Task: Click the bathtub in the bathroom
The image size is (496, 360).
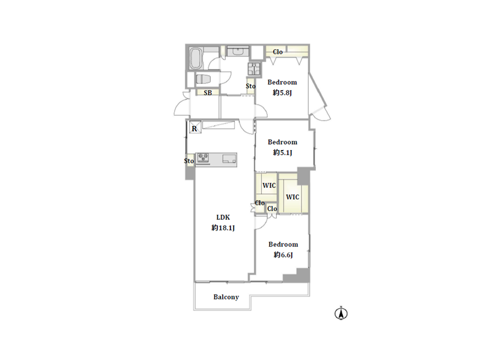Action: tap(196, 58)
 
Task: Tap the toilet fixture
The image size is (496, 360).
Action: tap(203, 79)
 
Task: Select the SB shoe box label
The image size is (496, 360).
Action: tap(208, 93)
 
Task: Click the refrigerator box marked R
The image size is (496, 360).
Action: tap(195, 127)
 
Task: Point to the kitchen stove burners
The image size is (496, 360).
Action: tap(203, 158)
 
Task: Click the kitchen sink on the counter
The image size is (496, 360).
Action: tap(229, 158)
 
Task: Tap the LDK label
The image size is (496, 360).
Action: tap(223, 217)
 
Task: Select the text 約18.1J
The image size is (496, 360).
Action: tap(223, 227)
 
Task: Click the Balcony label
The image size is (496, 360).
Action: tap(226, 297)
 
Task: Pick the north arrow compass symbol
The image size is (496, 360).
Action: tap(341, 313)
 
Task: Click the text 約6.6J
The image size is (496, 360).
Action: tap(283, 255)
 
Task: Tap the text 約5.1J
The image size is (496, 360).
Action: tap(282, 152)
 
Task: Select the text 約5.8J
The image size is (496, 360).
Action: tap(282, 92)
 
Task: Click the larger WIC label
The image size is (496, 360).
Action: tap(292, 197)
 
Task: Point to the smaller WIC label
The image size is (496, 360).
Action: tap(269, 185)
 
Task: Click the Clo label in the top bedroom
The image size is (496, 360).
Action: tap(278, 52)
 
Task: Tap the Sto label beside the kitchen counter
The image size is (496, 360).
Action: tap(189, 161)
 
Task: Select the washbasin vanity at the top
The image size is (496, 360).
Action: tap(238, 51)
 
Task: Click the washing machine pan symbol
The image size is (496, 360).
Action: tap(254, 68)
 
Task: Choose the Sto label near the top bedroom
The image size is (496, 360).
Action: tap(250, 86)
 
